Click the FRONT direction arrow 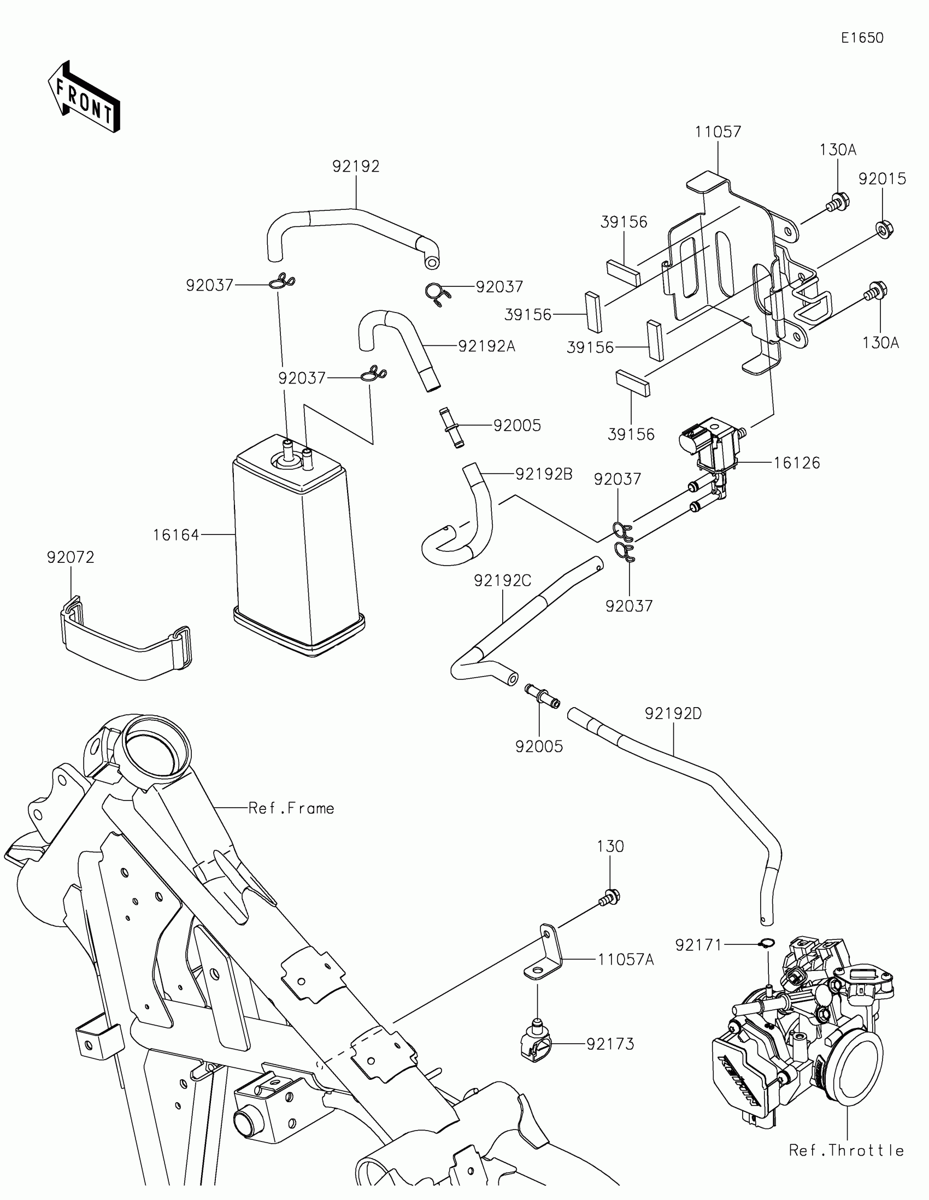tap(84, 97)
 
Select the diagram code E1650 tap(862, 38)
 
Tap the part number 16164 tap(176, 534)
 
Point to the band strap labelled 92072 tap(125, 640)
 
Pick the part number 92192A tap(487, 345)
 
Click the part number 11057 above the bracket tap(718, 132)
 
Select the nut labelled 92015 tap(883, 228)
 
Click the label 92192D tap(674, 713)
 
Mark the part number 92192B tap(544, 474)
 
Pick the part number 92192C tap(503, 580)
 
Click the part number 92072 tap(70, 557)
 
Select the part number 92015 tap(883, 179)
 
